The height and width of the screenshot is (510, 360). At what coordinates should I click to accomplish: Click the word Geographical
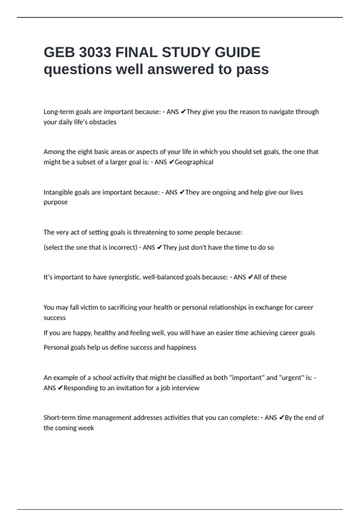coord(194,162)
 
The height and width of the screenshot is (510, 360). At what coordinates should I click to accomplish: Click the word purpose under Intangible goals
coord(55,202)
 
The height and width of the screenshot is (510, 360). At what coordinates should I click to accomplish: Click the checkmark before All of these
coord(250,277)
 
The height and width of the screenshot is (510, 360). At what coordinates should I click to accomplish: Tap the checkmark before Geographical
coord(171,162)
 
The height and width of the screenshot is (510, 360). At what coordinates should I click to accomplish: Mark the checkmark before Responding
coord(60,388)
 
